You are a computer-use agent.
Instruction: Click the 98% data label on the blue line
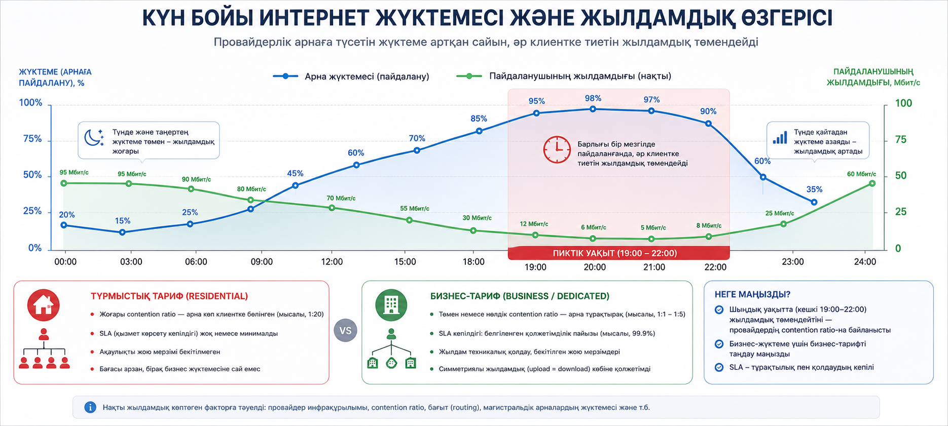(x=593, y=98)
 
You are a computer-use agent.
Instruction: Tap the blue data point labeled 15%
(x=122, y=233)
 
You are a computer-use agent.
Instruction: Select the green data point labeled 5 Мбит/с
(x=651, y=239)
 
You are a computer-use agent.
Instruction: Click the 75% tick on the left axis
(x=32, y=139)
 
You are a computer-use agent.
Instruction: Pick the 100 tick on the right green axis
(x=903, y=103)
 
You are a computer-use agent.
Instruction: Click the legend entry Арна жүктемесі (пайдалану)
(x=351, y=76)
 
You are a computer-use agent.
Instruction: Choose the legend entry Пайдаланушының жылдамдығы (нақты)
(x=564, y=76)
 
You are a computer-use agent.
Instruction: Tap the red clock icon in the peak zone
(x=557, y=149)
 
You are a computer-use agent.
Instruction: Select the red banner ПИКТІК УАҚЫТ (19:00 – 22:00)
(x=618, y=253)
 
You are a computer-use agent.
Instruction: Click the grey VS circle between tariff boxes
(x=345, y=331)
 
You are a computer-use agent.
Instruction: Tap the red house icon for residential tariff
(x=44, y=305)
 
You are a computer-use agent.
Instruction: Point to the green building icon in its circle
(x=391, y=305)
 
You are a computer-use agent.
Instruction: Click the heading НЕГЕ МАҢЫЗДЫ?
(x=752, y=294)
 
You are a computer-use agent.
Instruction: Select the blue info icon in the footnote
(x=90, y=407)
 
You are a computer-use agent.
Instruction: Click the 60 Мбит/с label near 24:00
(x=861, y=174)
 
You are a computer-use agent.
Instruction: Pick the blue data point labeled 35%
(x=814, y=202)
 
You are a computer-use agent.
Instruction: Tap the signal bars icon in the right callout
(x=780, y=137)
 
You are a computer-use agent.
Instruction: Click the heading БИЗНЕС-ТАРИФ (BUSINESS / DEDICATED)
(x=520, y=296)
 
